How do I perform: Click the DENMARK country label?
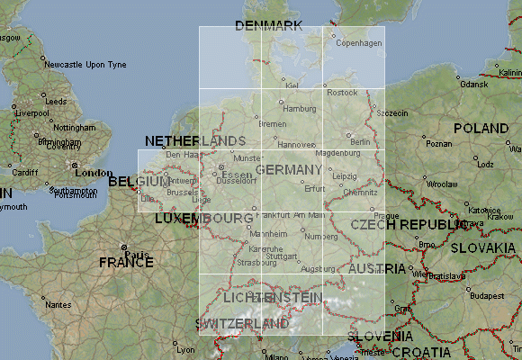point(267,25)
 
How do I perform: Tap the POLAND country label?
point(481,129)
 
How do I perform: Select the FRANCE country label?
point(126,263)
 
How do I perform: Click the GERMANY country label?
point(288,170)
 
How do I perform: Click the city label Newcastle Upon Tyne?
point(85,65)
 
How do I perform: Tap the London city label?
point(94,173)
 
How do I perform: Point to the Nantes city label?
point(58,305)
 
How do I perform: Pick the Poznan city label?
point(439,143)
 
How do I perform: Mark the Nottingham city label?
point(74,129)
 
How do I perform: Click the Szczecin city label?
point(393,112)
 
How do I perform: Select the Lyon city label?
point(185,348)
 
